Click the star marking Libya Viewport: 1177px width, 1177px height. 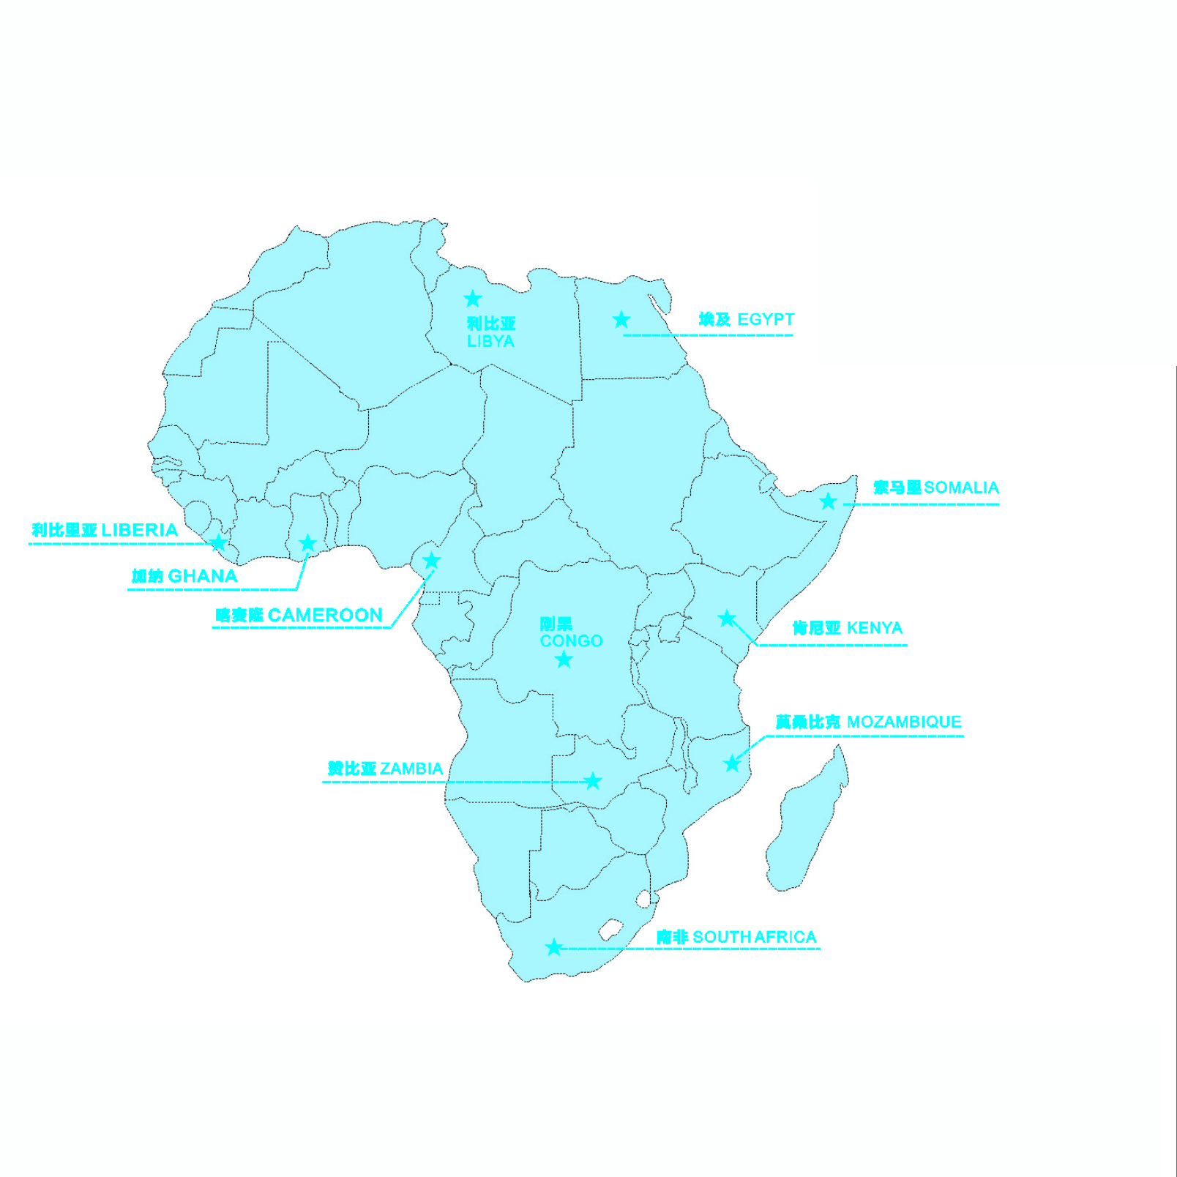(x=473, y=299)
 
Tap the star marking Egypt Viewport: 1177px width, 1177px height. (x=621, y=320)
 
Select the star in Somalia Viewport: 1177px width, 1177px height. (x=828, y=501)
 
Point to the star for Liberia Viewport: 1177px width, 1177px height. (x=218, y=542)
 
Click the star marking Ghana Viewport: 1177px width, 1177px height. (x=308, y=543)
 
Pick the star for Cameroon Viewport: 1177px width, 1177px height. (x=432, y=561)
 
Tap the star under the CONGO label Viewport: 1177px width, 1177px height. (x=564, y=660)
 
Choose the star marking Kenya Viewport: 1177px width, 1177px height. (x=726, y=619)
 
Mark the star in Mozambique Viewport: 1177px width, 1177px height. (x=732, y=763)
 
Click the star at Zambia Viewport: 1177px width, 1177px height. (x=593, y=781)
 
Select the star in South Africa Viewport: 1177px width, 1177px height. (x=554, y=947)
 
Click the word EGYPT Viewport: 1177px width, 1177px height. (x=766, y=320)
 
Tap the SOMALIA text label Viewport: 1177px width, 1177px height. (x=961, y=487)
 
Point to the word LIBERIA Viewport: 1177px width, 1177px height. (x=139, y=530)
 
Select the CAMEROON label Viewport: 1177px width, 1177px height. (x=325, y=615)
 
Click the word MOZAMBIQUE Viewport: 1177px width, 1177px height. (x=904, y=722)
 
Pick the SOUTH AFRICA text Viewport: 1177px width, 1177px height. (x=754, y=937)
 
